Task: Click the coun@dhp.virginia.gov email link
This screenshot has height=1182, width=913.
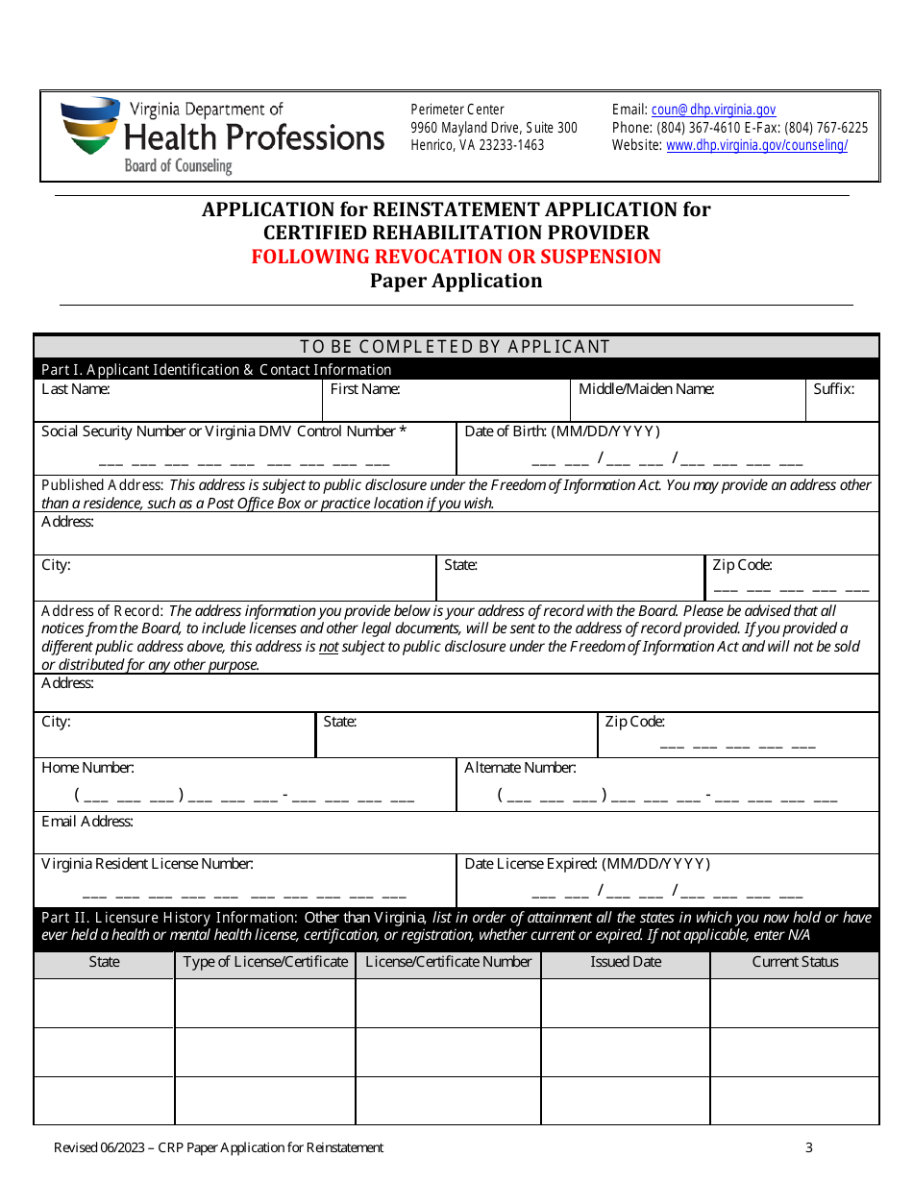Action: pos(713,111)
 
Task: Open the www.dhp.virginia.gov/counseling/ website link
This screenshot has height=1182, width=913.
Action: pos(756,146)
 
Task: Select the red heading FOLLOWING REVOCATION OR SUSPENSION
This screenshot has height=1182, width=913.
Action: pos(456,257)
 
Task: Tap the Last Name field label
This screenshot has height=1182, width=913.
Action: pos(75,389)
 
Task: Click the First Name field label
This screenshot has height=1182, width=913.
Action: pos(365,389)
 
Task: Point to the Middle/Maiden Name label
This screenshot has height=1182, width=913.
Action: pos(646,389)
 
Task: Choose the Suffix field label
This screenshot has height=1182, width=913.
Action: pos(833,389)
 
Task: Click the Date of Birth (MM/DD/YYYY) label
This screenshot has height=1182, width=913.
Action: pos(562,431)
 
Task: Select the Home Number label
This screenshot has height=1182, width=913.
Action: pos(87,768)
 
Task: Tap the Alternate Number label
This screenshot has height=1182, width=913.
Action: pos(520,768)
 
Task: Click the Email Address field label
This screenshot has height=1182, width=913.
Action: pos(86,822)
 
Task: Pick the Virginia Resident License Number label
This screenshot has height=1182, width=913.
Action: pos(147,864)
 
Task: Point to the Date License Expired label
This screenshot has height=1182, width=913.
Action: pos(587,864)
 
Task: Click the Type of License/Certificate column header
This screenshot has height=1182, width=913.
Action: pos(265,962)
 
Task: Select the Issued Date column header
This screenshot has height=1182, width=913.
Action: pos(626,962)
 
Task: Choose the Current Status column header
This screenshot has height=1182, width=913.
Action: pos(795,962)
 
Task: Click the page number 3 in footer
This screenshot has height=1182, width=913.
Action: pos(809,1147)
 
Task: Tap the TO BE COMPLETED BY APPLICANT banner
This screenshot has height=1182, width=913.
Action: pos(456,347)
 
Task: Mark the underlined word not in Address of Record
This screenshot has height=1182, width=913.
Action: pos(329,647)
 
